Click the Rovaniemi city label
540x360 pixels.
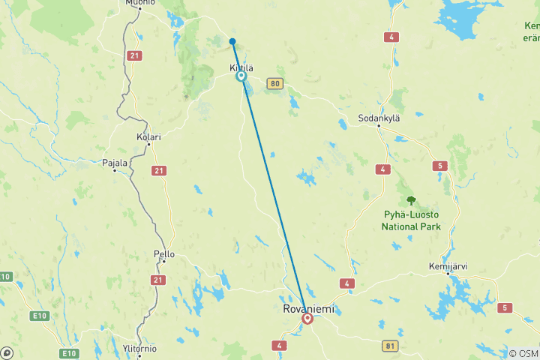(307, 308)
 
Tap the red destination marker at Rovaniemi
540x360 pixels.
(307, 319)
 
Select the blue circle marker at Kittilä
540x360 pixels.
(241, 76)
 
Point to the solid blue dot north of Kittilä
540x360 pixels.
(232, 41)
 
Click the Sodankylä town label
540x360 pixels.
(379, 118)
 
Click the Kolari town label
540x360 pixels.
(148, 137)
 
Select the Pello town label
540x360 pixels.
(163, 254)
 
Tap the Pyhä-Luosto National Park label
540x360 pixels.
(411, 220)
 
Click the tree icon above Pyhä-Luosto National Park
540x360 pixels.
(411, 200)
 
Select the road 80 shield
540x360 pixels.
(276, 83)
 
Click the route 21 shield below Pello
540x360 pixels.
(157, 280)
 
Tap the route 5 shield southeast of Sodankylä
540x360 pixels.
(439, 166)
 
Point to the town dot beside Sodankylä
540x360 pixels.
(379, 126)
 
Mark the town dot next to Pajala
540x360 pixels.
(114, 170)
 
